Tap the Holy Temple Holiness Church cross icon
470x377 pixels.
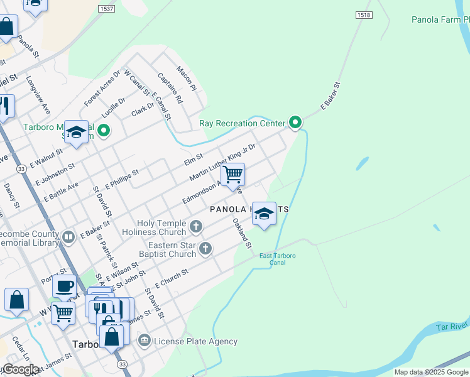(x=196, y=226)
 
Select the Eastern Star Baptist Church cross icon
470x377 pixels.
(x=205, y=249)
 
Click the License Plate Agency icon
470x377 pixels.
(x=145, y=341)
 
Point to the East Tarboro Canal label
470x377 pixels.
(x=277, y=259)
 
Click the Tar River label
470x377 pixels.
(x=451, y=327)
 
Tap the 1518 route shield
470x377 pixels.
(x=363, y=15)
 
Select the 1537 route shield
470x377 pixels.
(x=107, y=8)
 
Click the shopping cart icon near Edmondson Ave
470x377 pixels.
(x=232, y=174)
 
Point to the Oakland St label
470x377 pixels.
(x=242, y=233)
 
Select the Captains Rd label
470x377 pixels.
(x=170, y=89)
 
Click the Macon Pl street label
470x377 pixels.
(x=187, y=79)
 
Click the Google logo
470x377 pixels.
(x=20, y=369)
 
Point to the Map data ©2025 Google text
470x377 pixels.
(x=430, y=372)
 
